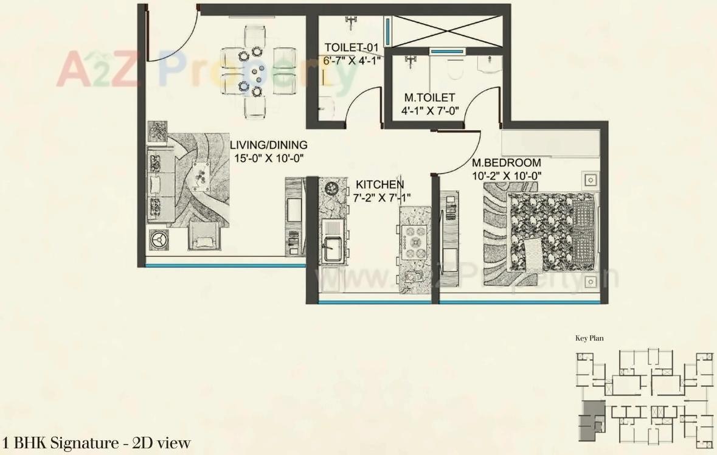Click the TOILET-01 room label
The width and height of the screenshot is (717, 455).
tap(352, 47)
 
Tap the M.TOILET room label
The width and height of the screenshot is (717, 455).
tap(430, 97)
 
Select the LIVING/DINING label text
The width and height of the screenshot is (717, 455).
tap(268, 145)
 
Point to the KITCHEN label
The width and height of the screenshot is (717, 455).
tap(379, 184)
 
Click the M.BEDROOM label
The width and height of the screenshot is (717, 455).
tap(507, 163)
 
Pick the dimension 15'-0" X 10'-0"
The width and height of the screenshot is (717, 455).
tap(268, 158)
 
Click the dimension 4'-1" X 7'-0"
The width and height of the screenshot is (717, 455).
tap(430, 110)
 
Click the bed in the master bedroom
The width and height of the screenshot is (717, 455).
tap(550, 233)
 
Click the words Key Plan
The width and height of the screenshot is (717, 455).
tap(589, 338)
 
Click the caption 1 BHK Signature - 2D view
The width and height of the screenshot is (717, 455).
tap(96, 443)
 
